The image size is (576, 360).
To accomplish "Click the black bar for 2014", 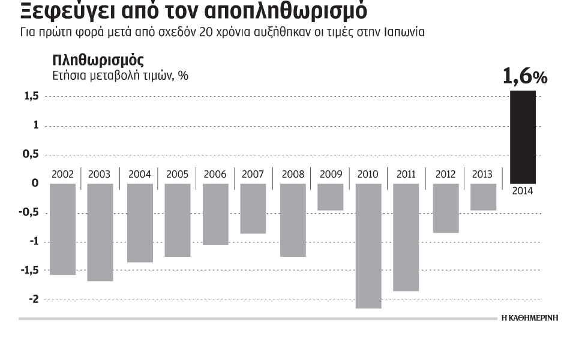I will click(x=523, y=137).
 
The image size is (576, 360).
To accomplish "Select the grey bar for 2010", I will click(x=368, y=245).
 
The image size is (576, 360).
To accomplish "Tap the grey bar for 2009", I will click(x=331, y=197).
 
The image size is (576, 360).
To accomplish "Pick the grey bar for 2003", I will click(x=100, y=232).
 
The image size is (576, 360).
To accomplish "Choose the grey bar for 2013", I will click(x=483, y=197).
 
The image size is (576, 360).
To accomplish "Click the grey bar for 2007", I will click(x=253, y=208).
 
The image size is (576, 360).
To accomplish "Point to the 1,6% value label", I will click(x=524, y=77).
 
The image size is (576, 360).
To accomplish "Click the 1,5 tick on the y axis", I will click(x=32, y=97).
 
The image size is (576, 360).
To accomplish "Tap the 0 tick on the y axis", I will click(x=35, y=184).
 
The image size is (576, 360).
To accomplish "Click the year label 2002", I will click(x=63, y=175).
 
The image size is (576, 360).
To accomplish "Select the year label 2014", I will click(x=523, y=191).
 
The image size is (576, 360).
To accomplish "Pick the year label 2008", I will click(x=292, y=175).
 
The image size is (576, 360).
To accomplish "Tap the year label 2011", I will click(x=406, y=175).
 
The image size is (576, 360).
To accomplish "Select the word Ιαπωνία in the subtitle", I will click(x=404, y=32).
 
